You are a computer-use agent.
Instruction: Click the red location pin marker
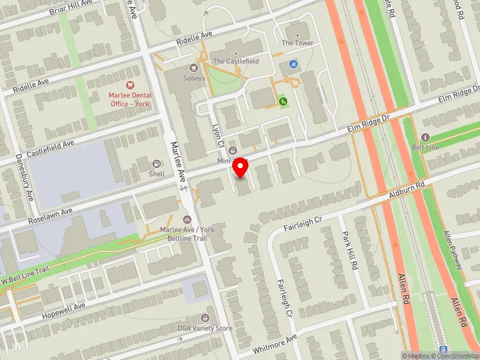coord(241,167)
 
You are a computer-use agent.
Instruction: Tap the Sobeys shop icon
coord(193,68)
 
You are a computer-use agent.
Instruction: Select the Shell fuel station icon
coord(157,164)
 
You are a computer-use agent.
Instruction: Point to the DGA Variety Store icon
coord(206,318)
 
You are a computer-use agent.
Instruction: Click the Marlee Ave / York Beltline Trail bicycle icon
coord(187,220)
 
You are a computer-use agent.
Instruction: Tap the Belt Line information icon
coord(425,137)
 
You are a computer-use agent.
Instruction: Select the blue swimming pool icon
coord(293,64)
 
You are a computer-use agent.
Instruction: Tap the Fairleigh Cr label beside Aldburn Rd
coord(303,224)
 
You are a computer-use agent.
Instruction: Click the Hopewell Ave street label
coord(64,311)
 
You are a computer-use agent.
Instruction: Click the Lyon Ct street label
coord(218,135)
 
